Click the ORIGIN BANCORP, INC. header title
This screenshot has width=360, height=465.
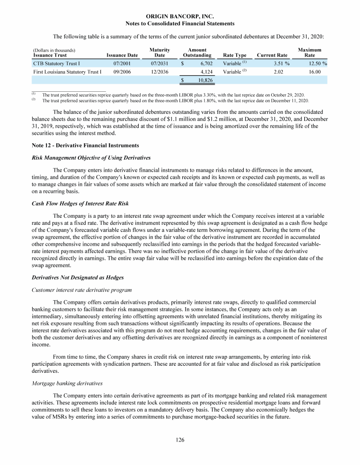(180, 16)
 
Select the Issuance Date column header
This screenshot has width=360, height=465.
(122, 55)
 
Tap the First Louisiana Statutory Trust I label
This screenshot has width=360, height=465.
(67, 72)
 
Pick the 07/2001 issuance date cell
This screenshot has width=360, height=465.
(122, 63)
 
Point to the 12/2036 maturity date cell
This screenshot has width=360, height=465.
(160, 72)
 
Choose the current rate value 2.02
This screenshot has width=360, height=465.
(280, 72)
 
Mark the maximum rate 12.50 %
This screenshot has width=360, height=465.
(314, 63)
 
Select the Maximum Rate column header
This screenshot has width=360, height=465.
(310, 52)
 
